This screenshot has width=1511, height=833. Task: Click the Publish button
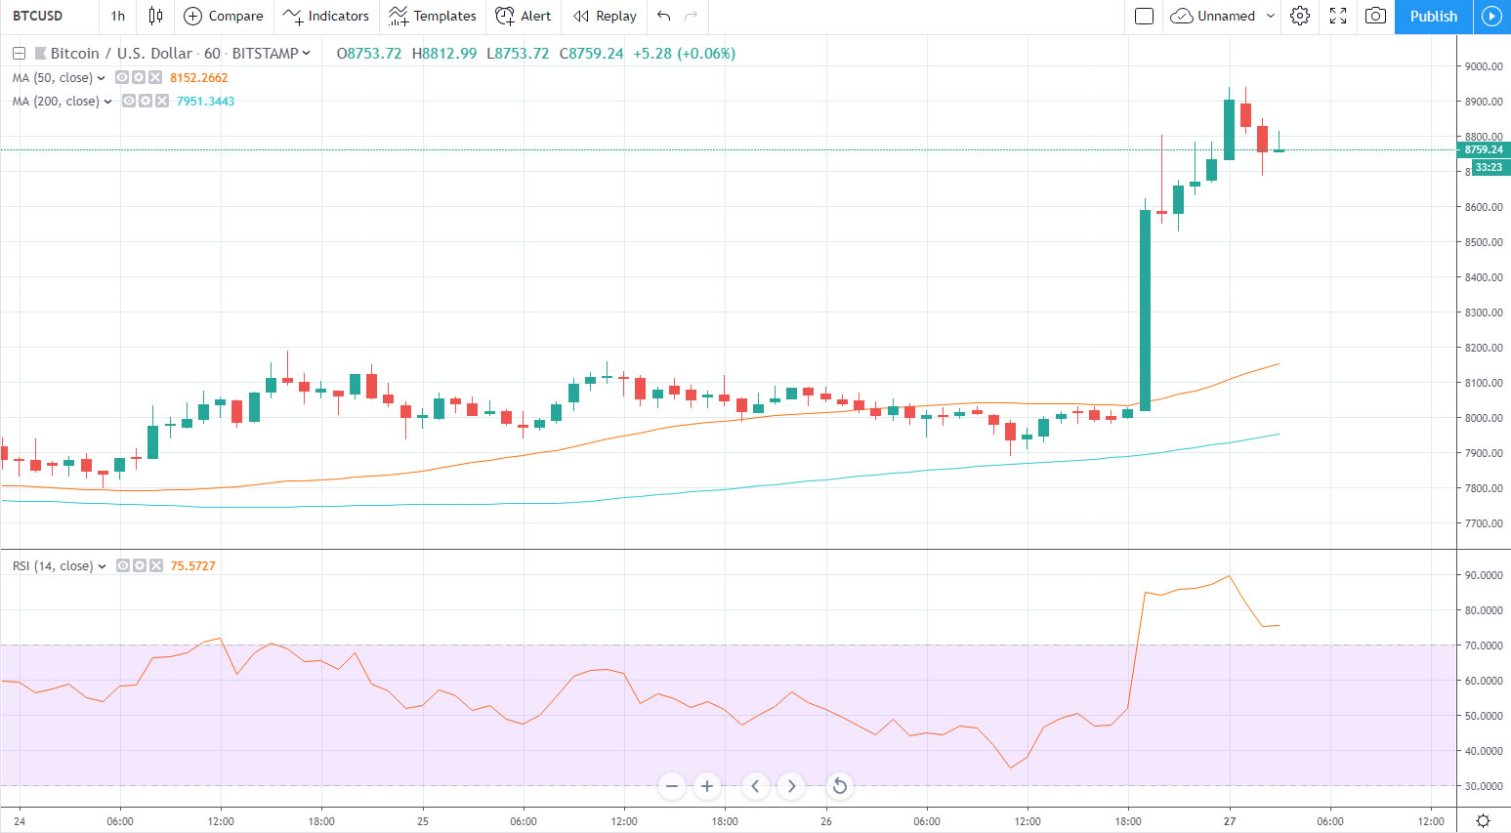click(x=1433, y=17)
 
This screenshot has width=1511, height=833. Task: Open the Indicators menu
click(x=326, y=17)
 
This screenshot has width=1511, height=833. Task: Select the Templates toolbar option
click(x=433, y=17)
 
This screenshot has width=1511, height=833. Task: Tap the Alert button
click(x=524, y=17)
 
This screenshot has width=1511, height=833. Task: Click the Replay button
click(x=605, y=17)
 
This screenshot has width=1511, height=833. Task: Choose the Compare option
click(x=224, y=17)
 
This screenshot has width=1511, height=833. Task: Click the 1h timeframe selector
click(x=117, y=17)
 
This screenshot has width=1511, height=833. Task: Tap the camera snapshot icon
click(x=1375, y=17)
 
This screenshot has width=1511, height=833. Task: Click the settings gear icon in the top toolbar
click(x=1299, y=17)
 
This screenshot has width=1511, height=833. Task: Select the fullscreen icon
click(x=1338, y=17)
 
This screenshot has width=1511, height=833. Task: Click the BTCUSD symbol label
click(x=38, y=17)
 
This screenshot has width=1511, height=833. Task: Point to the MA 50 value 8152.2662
click(x=198, y=78)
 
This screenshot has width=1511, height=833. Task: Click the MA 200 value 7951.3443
click(x=205, y=102)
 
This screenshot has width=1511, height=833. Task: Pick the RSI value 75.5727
click(x=192, y=566)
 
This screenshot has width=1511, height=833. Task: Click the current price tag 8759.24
click(x=1483, y=150)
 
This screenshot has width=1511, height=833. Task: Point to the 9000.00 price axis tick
click(x=1483, y=66)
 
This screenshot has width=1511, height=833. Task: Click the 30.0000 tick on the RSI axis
click(x=1483, y=786)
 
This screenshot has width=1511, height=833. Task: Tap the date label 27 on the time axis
click(x=1230, y=821)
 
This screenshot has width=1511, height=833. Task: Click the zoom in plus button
click(x=707, y=786)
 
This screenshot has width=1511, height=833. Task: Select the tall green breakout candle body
click(x=1145, y=311)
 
